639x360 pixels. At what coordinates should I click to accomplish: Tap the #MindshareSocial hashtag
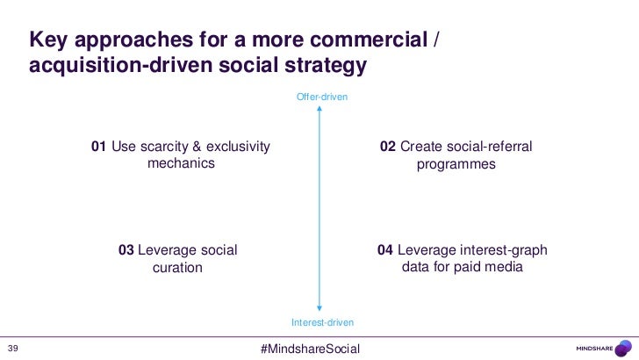tap(311, 349)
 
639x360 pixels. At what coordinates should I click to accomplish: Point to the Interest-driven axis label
tap(322, 323)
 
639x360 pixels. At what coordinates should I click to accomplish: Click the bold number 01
tap(98, 146)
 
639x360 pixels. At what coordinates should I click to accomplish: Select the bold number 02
tap(387, 146)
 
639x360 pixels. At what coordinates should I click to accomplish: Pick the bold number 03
tap(126, 250)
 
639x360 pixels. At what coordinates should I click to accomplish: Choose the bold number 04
tap(385, 250)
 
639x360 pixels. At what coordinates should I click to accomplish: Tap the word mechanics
tap(181, 164)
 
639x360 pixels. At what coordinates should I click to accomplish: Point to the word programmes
tap(456, 164)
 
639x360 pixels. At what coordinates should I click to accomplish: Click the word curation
tap(178, 268)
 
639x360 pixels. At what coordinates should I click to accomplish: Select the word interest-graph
tap(504, 250)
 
